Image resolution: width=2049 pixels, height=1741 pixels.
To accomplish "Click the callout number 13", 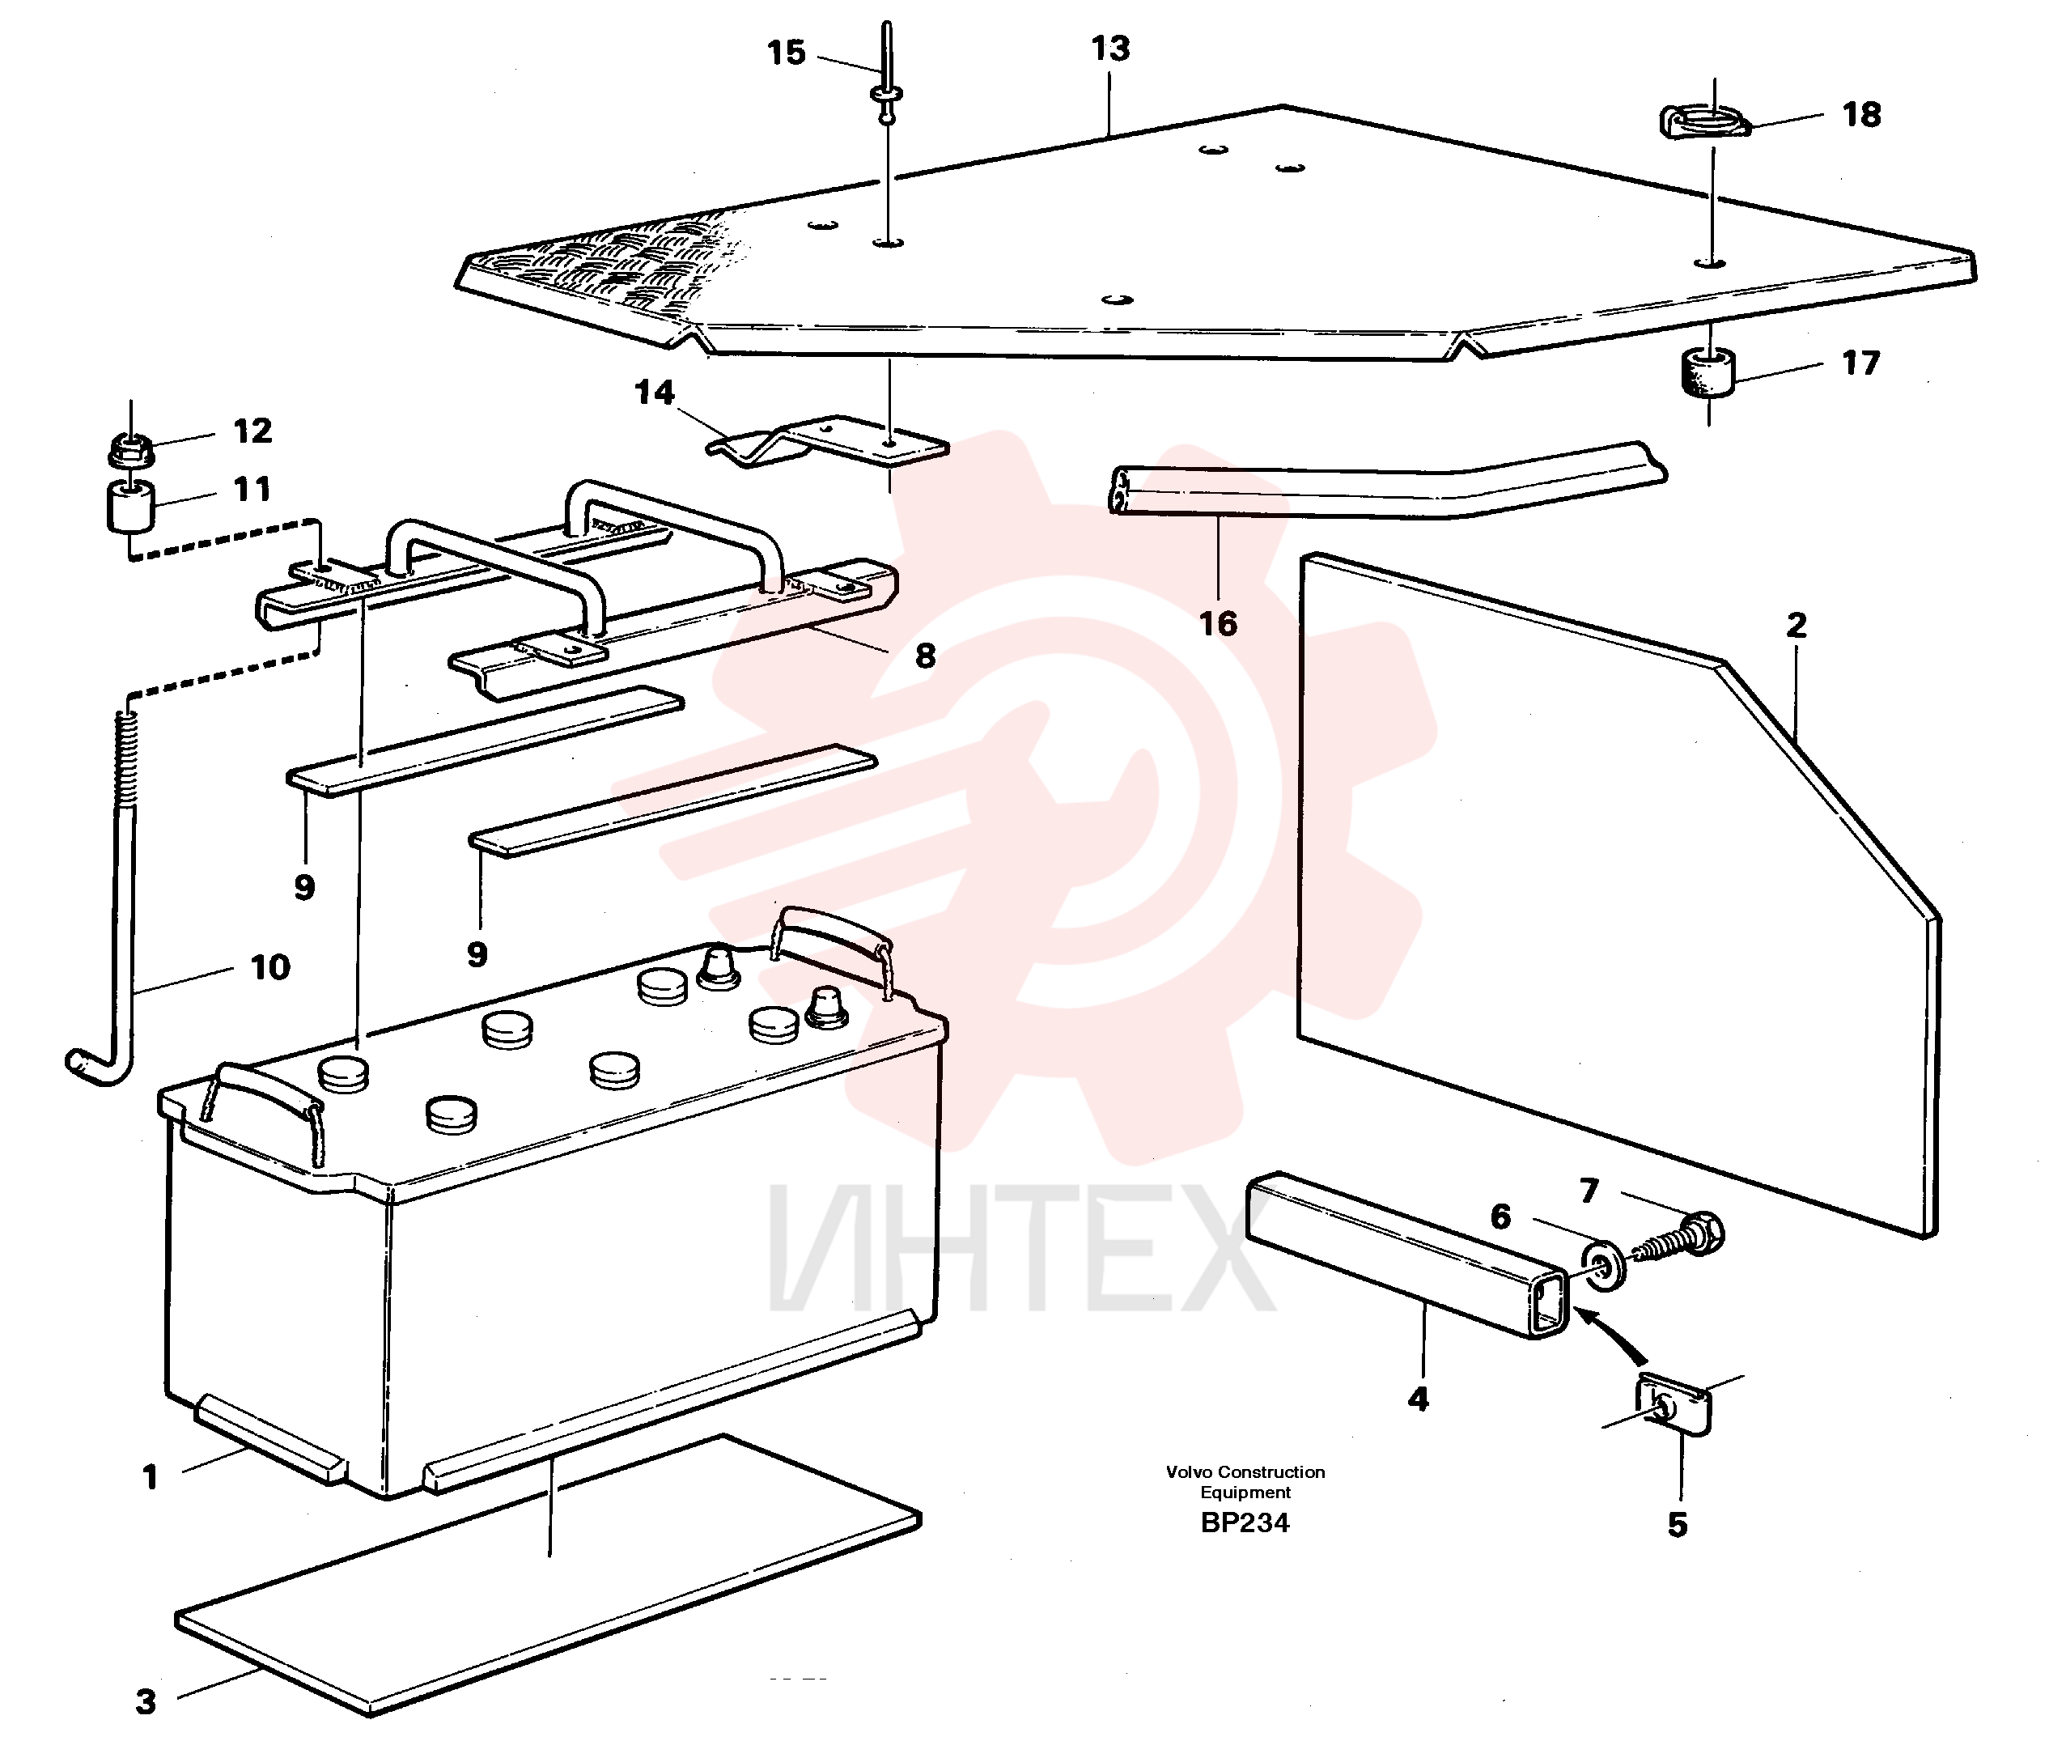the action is pyautogui.click(x=1109, y=49).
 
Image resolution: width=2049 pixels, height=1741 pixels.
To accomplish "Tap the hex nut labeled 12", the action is pyautogui.click(x=130, y=452).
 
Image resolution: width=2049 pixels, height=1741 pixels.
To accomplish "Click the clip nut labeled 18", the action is pyautogui.click(x=1703, y=122).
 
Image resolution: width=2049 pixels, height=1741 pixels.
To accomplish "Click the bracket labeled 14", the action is pyautogui.click(x=827, y=440).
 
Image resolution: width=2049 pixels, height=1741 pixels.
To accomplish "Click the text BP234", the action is pyautogui.click(x=1244, y=1523).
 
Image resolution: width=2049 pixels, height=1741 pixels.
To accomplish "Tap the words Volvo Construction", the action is pyautogui.click(x=1245, y=1471).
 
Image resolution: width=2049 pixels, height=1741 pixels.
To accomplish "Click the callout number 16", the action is pyautogui.click(x=1217, y=624).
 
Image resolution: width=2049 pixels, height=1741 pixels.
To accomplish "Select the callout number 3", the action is pyautogui.click(x=146, y=1701).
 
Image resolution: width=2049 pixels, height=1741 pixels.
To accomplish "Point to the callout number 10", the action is pyautogui.click(x=270, y=967).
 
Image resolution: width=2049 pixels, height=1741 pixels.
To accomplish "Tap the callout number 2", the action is pyautogui.click(x=1797, y=625).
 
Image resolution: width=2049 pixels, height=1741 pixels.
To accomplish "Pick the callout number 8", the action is pyautogui.click(x=924, y=656).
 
